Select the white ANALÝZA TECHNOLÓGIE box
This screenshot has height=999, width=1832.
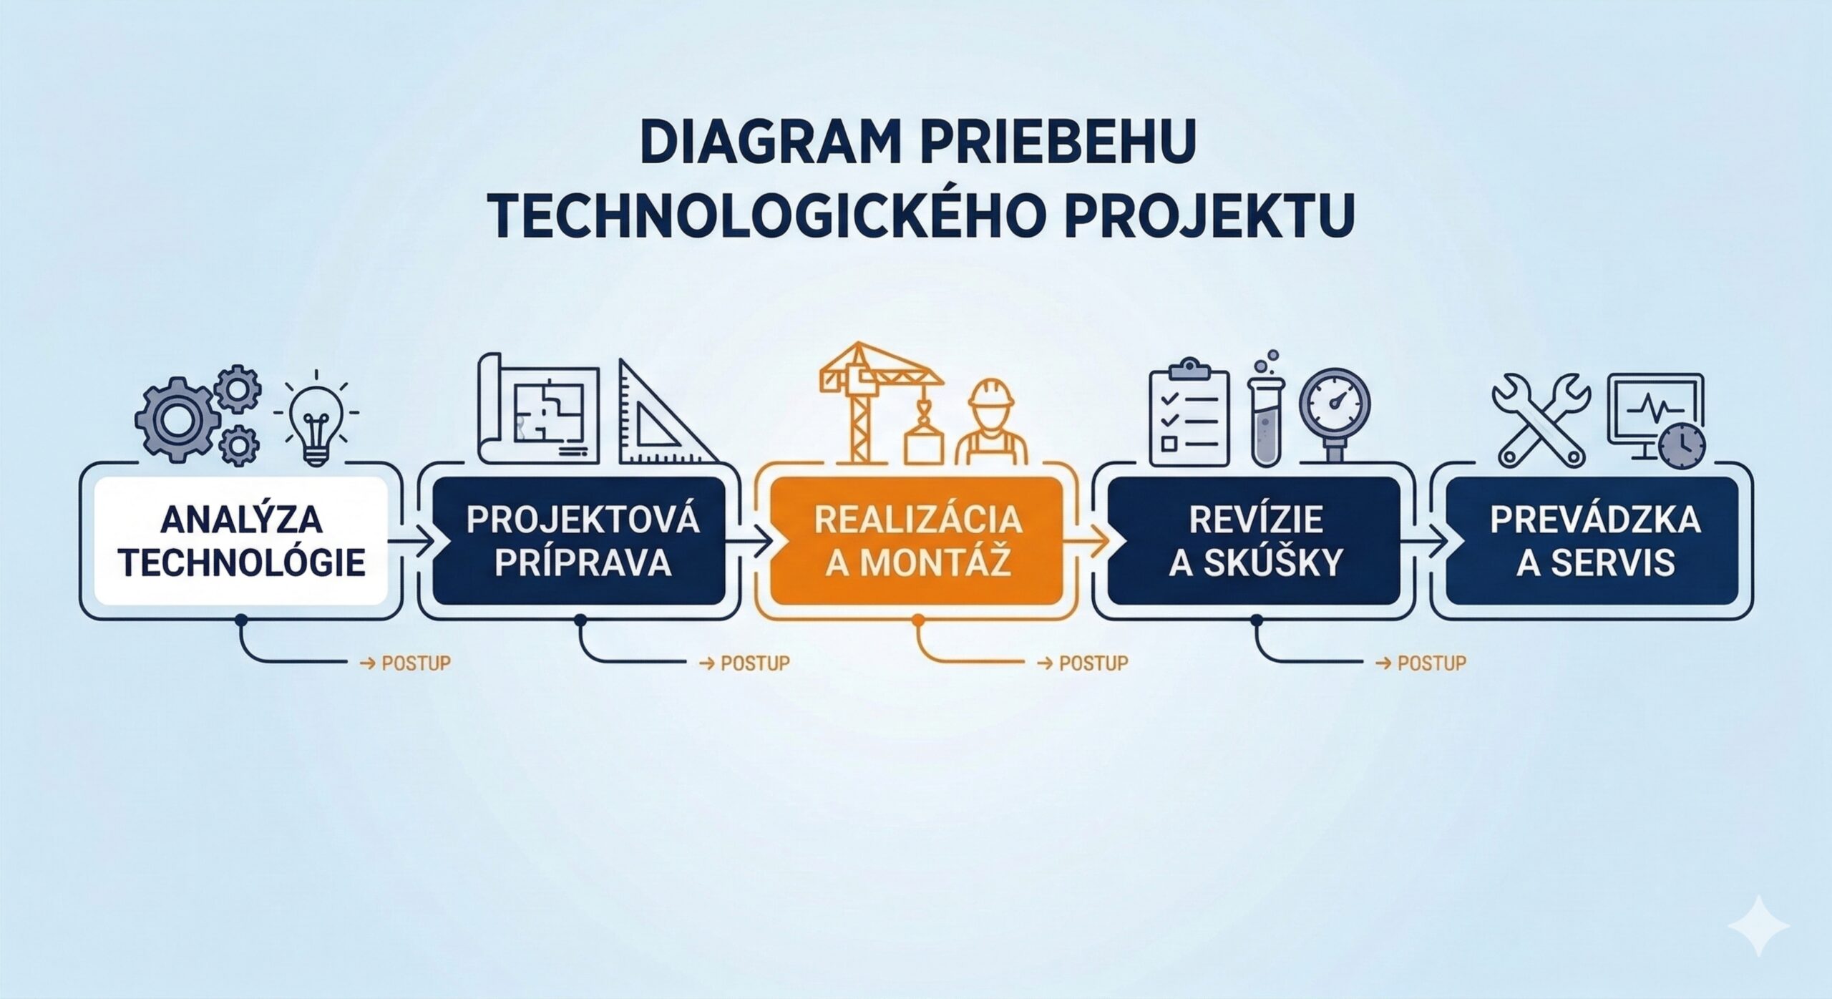pos(241,541)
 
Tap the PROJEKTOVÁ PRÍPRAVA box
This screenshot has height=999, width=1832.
pos(579,541)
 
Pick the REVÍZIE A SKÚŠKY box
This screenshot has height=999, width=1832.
pos(1254,541)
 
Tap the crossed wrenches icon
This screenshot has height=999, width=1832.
pos(1541,418)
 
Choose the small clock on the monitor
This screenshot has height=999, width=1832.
pos(1684,444)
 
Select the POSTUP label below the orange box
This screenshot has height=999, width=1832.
pos(1093,663)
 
